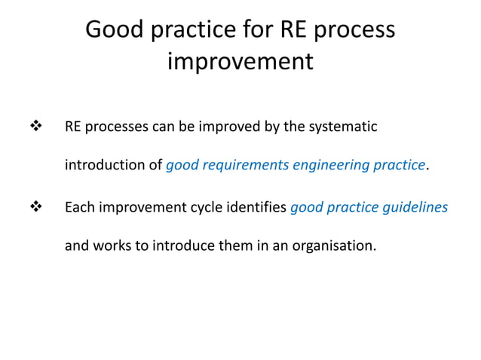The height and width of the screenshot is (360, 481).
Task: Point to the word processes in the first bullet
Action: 116,127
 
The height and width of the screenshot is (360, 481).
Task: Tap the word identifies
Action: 256,207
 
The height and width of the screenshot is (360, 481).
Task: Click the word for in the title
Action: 255,30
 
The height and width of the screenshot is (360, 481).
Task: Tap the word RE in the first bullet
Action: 73,127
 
